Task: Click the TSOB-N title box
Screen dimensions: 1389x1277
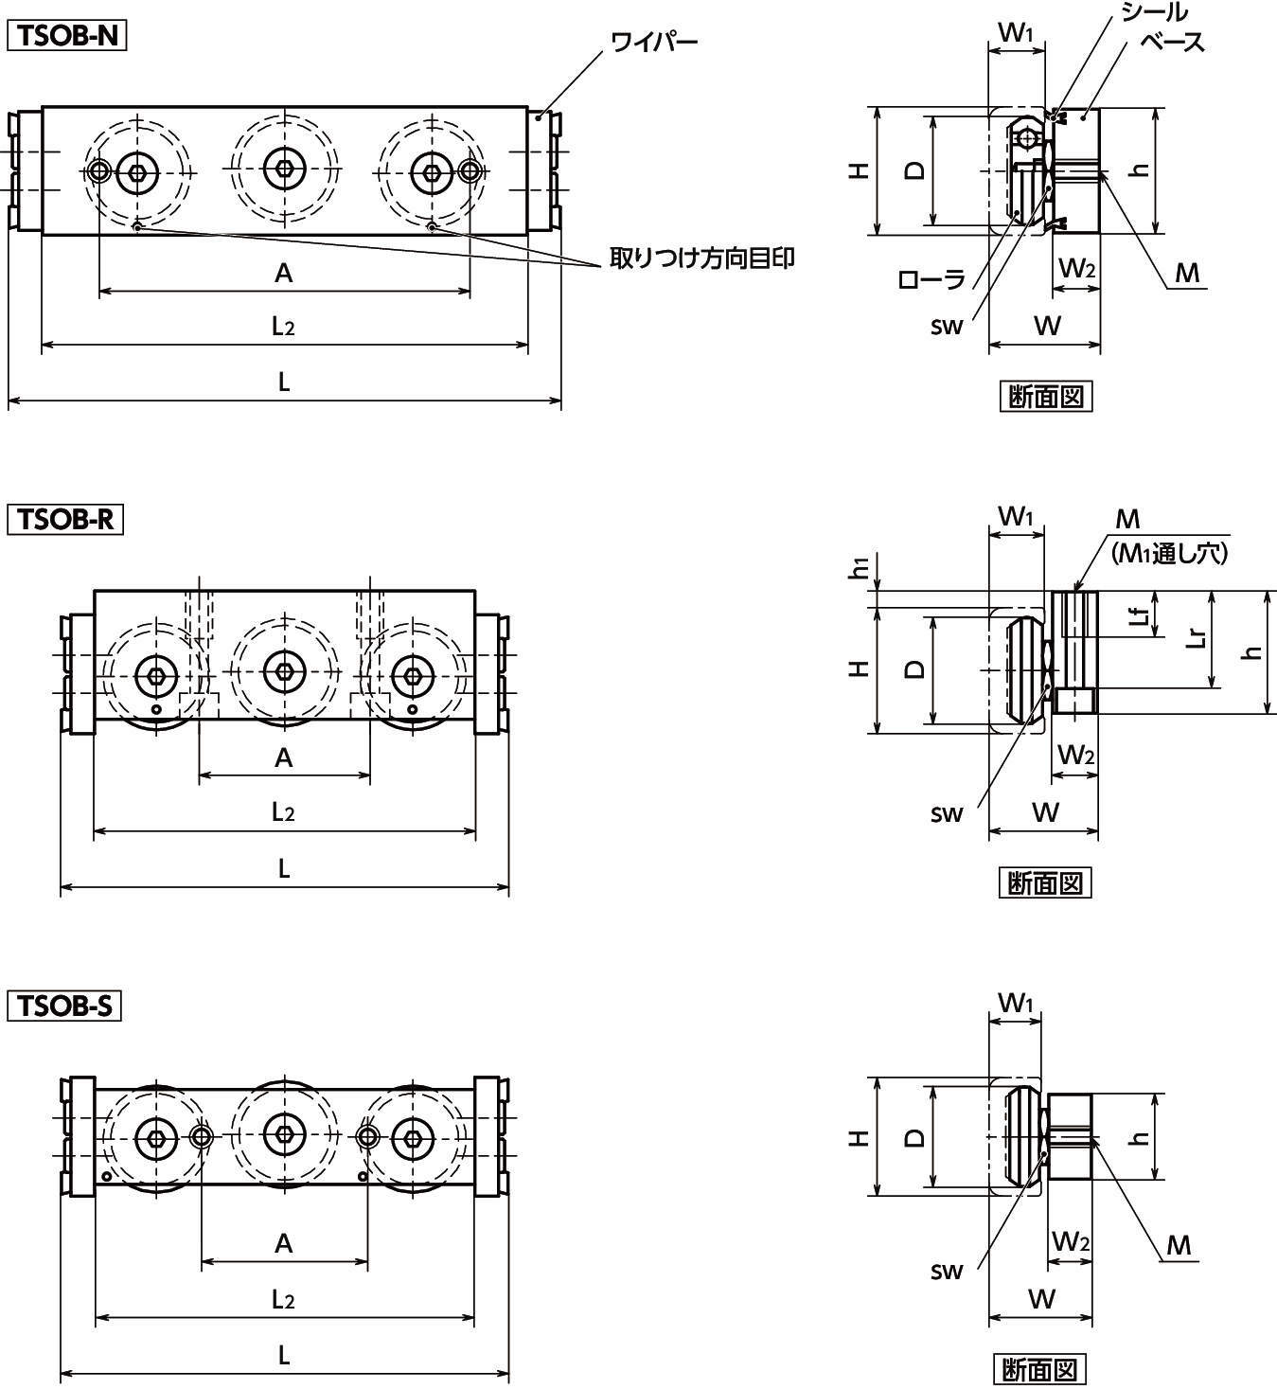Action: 67,35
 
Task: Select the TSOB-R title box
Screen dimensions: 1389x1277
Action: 66,520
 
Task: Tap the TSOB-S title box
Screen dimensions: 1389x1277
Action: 65,1006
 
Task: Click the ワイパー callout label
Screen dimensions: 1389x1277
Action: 653,42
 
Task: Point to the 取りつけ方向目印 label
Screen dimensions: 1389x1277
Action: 701,258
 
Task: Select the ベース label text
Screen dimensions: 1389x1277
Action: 1172,42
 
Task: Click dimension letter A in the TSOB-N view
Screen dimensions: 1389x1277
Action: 283,273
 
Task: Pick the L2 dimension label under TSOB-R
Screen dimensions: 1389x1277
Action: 283,812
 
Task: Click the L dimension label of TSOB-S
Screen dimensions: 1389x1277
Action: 283,1355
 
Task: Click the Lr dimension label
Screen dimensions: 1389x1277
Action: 1197,635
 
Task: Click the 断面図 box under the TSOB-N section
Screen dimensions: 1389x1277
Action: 1045,397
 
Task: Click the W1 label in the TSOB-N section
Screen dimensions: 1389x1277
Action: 1015,33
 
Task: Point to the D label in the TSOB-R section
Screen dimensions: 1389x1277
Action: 914,669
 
